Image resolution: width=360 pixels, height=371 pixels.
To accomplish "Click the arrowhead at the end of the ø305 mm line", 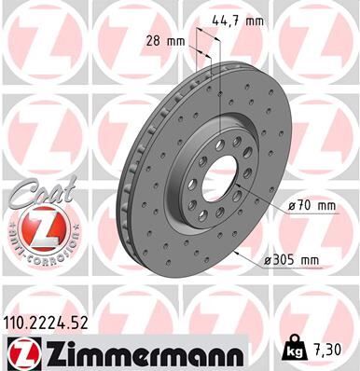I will (x=242, y=252).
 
